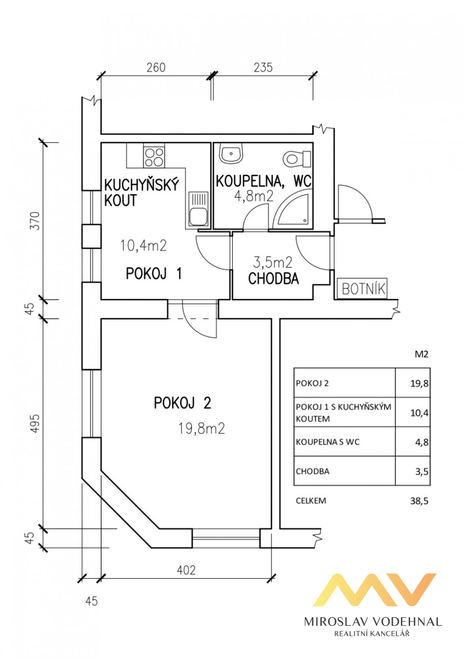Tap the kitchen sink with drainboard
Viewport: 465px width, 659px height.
(x=198, y=210)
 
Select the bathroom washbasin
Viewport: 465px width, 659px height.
(x=231, y=154)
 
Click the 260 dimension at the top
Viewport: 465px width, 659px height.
(x=156, y=68)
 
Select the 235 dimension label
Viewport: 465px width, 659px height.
(x=263, y=68)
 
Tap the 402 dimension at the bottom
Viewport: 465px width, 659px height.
(x=186, y=570)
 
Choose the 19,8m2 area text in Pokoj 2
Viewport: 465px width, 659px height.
(x=201, y=429)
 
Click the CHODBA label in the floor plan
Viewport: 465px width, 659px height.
(x=273, y=279)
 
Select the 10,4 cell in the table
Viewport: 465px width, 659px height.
(x=419, y=413)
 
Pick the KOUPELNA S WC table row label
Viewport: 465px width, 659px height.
(x=328, y=442)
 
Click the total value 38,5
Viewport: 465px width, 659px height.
(x=419, y=501)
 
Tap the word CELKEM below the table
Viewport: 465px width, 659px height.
(x=311, y=501)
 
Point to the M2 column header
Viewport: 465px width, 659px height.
(x=421, y=354)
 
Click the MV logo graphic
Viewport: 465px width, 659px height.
(x=374, y=590)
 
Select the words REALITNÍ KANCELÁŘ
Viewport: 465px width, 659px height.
(x=372, y=634)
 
